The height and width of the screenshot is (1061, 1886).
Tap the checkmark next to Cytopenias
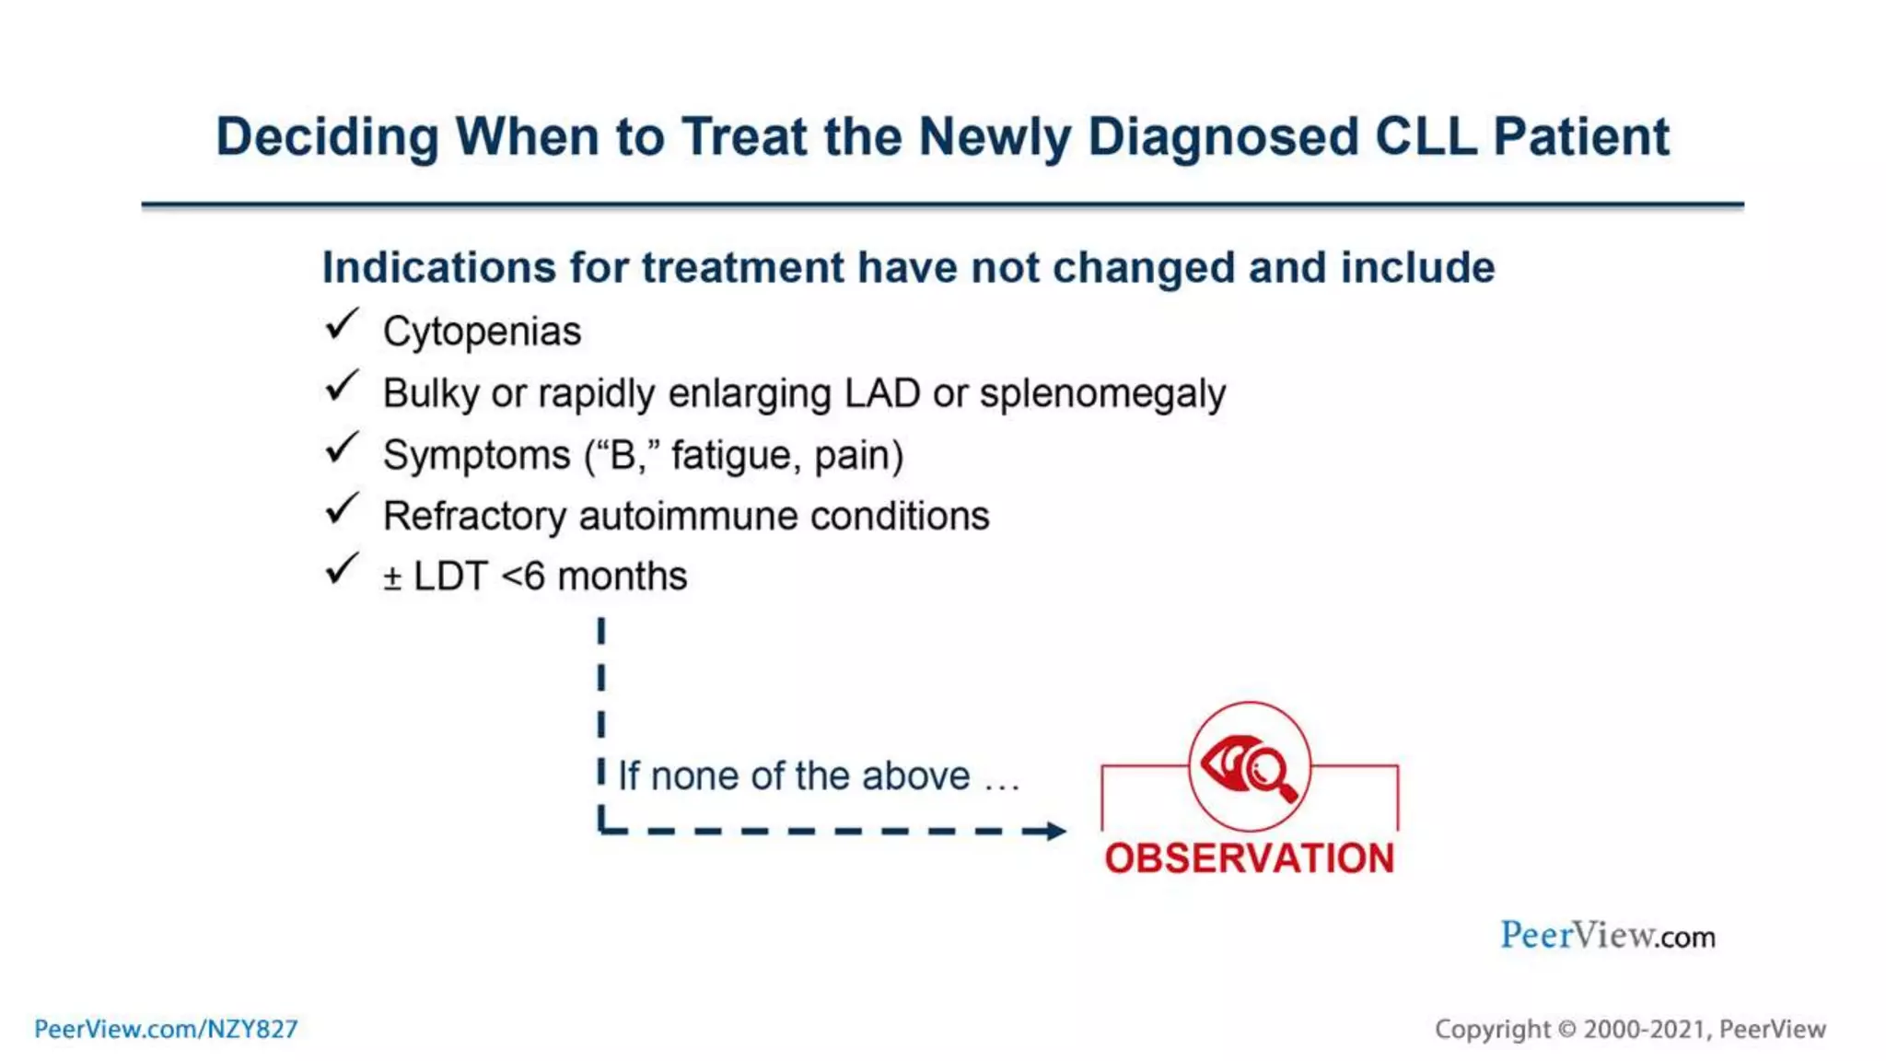pyautogui.click(x=341, y=325)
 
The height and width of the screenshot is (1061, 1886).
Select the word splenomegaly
pyautogui.click(x=1102, y=394)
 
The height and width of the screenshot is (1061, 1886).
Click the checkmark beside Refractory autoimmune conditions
pyautogui.click(x=341, y=509)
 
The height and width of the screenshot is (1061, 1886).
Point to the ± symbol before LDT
pyautogui.click(x=392, y=578)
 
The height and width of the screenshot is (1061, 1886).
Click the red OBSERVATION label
pyautogui.click(x=1250, y=858)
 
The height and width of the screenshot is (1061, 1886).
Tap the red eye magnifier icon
pyautogui.click(x=1250, y=766)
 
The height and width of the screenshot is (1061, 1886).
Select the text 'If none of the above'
pyautogui.click(x=794, y=776)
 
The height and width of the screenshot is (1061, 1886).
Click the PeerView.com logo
pyautogui.click(x=1607, y=936)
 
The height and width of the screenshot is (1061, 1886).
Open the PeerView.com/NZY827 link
pyautogui.click(x=167, y=1029)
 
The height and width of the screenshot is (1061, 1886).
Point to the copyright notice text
pyautogui.click(x=1630, y=1029)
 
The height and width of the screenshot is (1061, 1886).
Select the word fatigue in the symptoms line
pyautogui.click(x=732, y=455)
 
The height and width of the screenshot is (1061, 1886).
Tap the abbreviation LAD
pyautogui.click(x=882, y=393)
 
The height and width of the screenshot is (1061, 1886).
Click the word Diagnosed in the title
pyautogui.click(x=1223, y=137)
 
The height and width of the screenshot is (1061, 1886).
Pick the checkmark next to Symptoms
pyautogui.click(x=341, y=449)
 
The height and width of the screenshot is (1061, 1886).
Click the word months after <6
pyautogui.click(x=622, y=577)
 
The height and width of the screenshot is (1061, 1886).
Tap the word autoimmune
pyautogui.click(x=688, y=516)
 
